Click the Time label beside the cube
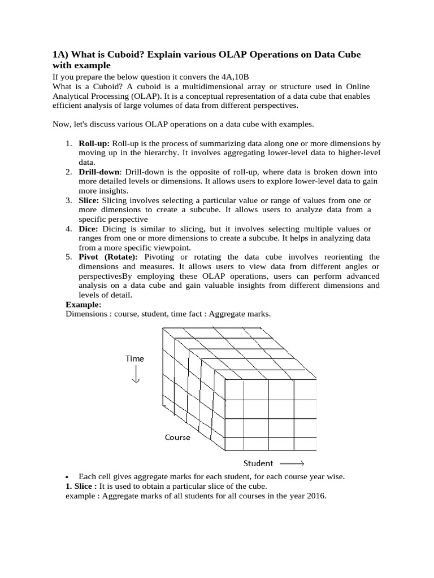click(x=134, y=358)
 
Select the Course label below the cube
click(x=177, y=437)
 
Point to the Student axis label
click(x=258, y=463)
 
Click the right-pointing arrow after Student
click(x=292, y=464)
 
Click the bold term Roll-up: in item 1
click(x=94, y=144)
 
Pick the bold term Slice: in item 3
click(x=89, y=200)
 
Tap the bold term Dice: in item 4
click(x=89, y=229)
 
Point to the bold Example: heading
click(x=84, y=304)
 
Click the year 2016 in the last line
click(x=316, y=496)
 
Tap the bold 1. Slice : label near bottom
click(x=81, y=486)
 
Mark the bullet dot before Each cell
click(x=67, y=477)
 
